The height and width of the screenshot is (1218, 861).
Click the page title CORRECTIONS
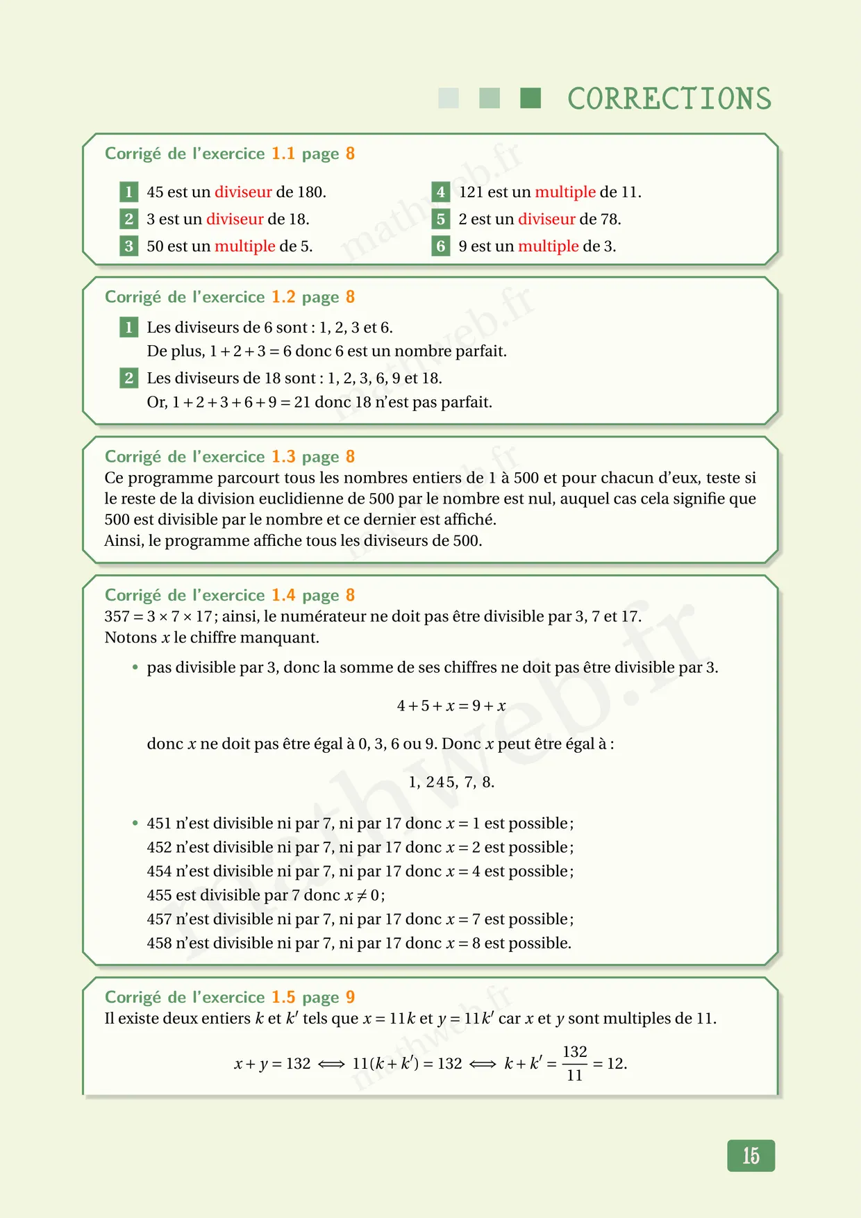point(669,99)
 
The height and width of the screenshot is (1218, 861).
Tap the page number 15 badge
point(751,1156)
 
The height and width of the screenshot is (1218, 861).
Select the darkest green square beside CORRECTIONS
point(530,98)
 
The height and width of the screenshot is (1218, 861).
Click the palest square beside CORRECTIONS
point(449,98)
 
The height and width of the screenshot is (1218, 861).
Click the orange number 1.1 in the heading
point(283,153)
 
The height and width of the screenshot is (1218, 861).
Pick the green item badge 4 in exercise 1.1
point(440,192)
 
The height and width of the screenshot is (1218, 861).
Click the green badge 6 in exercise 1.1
point(440,246)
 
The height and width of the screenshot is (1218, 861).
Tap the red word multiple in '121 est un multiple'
point(565,192)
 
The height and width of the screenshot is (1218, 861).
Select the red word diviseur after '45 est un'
point(243,192)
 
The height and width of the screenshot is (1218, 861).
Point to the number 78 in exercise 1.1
point(610,219)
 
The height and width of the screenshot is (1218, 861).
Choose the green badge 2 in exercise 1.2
point(128,378)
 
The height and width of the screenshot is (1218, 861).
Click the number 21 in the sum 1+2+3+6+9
point(302,402)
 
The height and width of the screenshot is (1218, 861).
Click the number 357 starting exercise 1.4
point(117,617)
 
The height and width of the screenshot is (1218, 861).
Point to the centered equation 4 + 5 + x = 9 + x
point(451,706)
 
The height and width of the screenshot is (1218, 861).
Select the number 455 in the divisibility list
point(159,895)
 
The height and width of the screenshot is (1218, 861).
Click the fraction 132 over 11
point(574,1063)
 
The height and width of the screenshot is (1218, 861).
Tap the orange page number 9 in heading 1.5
point(350,997)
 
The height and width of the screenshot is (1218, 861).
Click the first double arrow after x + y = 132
point(331,1064)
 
